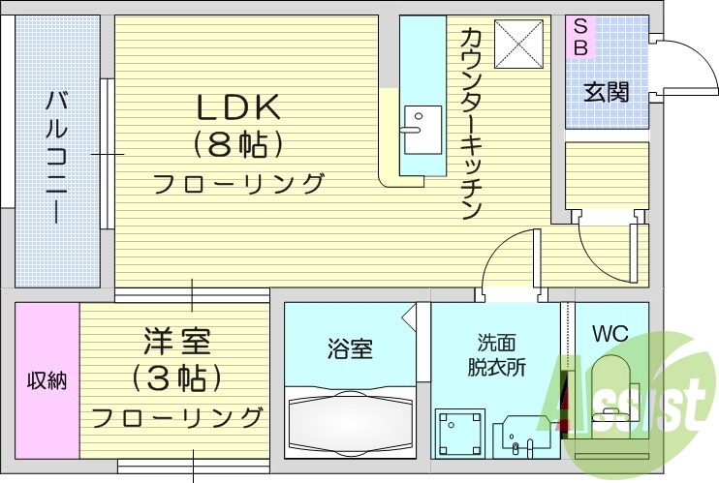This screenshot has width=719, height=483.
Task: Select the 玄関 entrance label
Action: click(x=606, y=92)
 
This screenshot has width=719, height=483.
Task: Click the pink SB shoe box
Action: click(x=580, y=35)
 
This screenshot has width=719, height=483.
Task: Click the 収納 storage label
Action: click(x=47, y=379)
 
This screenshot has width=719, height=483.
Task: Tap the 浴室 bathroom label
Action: click(x=350, y=349)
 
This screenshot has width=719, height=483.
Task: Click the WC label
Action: click(x=610, y=334)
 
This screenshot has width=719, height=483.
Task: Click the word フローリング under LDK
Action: click(x=238, y=183)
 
